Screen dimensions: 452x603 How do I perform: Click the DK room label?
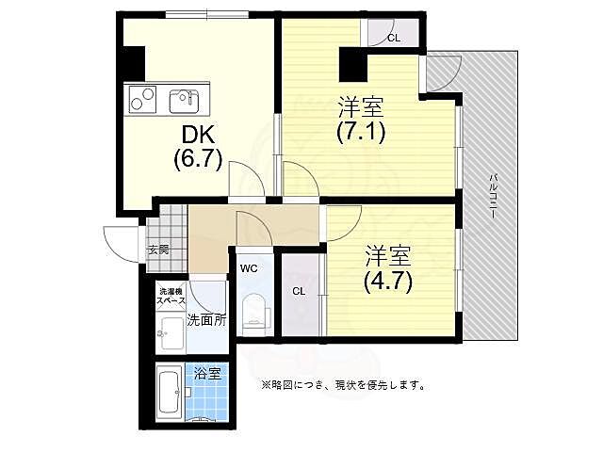coord(195,134)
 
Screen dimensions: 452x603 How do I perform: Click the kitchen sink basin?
coord(183,100)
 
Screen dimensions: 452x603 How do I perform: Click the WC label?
coord(249,268)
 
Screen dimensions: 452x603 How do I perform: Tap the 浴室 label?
coord(207,374)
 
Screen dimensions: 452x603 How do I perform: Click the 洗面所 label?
coord(206,320)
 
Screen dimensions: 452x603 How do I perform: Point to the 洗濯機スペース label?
coord(171,295)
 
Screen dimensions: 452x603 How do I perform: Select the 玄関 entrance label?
coord(157,250)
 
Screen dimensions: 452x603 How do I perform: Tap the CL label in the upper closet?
coord(393,39)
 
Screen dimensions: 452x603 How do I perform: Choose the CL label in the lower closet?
coord(299,291)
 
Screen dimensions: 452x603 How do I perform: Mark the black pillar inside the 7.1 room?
coord(353,67)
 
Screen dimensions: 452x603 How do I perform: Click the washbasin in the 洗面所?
coord(172,331)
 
